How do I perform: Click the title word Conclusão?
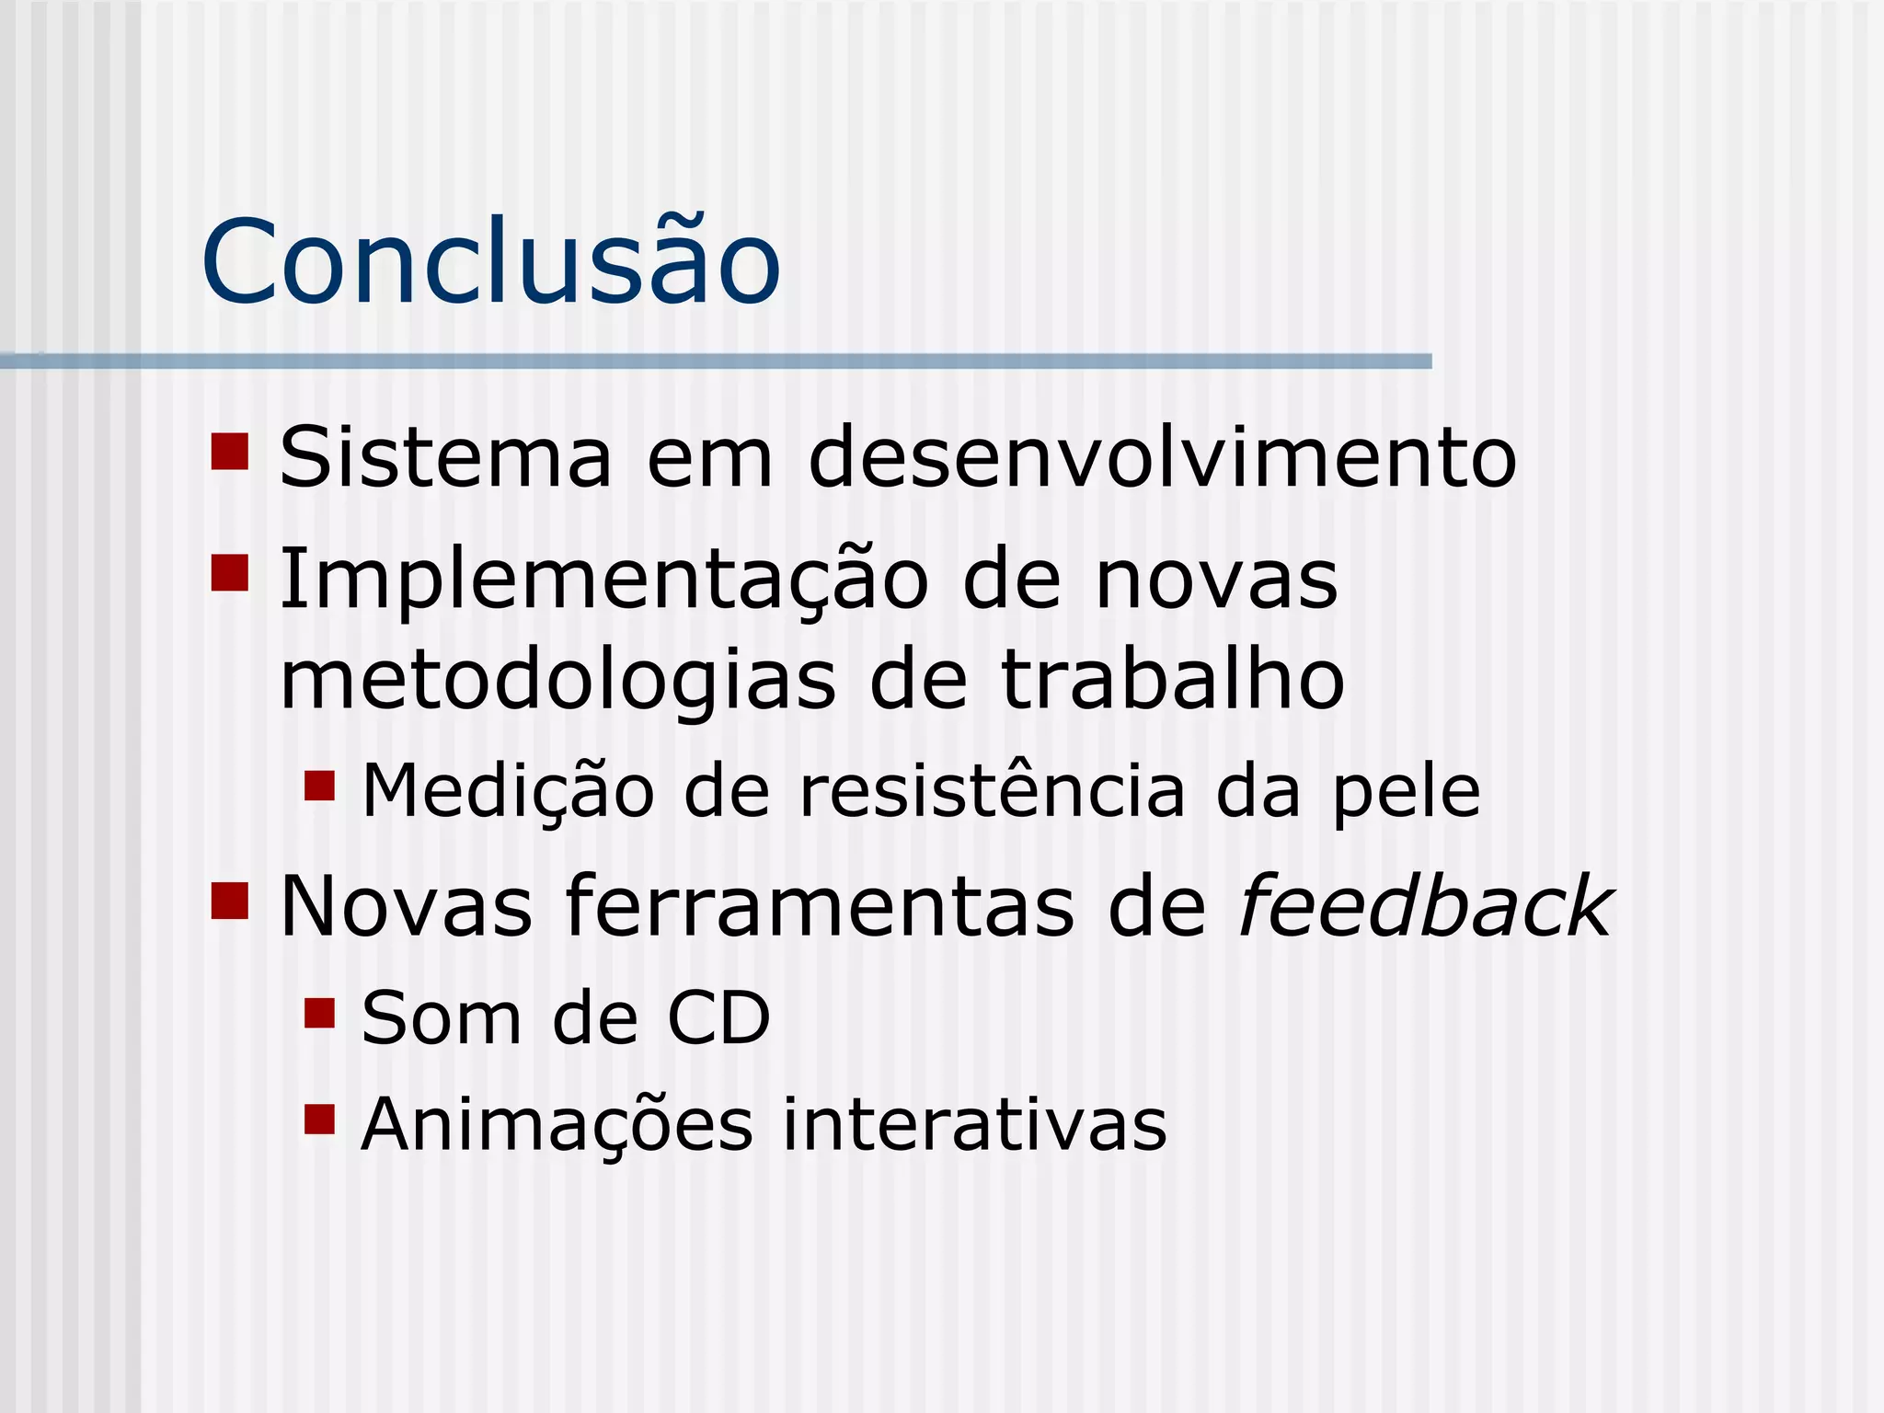[x=490, y=262]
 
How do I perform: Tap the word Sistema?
[x=445, y=457]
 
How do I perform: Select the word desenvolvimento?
[x=1162, y=457]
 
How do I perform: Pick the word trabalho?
[x=1172, y=681]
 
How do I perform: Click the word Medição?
[x=508, y=791]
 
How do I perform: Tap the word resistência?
[x=992, y=791]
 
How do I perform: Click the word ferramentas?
[x=819, y=907]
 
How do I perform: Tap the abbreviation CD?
[x=718, y=1018]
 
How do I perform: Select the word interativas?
[x=974, y=1124]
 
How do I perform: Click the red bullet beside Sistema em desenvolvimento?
[x=230, y=452]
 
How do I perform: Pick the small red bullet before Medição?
[x=319, y=786]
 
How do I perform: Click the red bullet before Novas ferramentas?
[x=230, y=902]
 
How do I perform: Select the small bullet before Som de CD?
[x=319, y=1013]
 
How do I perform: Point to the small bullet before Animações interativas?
[x=319, y=1120]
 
